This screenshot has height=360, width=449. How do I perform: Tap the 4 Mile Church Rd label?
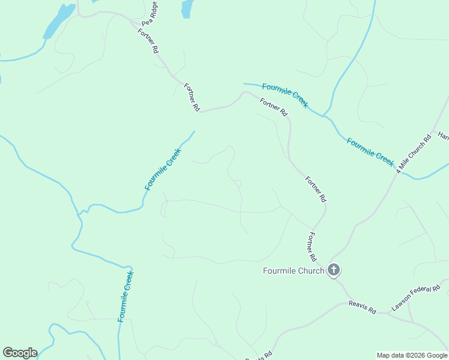(414, 154)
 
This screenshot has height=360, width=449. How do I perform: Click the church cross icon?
(334, 270)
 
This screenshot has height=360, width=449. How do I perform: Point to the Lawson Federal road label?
(416, 298)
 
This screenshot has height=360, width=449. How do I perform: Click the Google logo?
(20, 353)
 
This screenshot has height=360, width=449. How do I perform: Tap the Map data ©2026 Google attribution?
(412, 355)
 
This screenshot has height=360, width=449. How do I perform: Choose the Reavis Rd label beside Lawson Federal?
(362, 307)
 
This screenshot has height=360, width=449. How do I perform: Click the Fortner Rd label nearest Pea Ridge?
(148, 41)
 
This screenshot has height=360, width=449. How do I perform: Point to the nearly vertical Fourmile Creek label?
(125, 296)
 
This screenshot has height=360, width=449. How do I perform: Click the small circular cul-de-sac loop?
(238, 183)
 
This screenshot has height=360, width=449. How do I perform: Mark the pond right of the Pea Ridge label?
(188, 8)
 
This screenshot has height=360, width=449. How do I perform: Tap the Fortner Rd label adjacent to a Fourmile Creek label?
(274, 107)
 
